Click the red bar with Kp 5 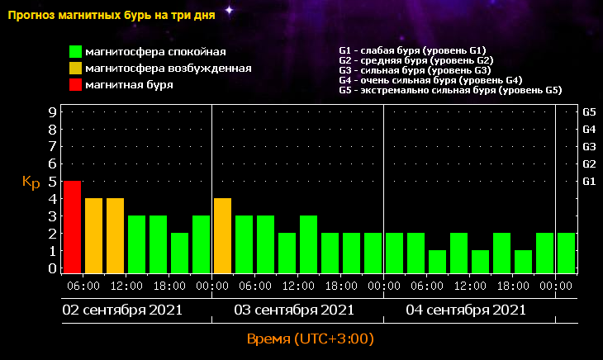[x=73, y=226]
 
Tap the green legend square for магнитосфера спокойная [x=76, y=53]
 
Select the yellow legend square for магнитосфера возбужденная [x=76, y=69]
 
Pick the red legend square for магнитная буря [x=76, y=84]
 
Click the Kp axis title [x=31, y=182]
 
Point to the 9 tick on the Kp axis [x=52, y=111]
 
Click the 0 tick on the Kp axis [x=52, y=268]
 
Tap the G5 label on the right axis [x=590, y=111]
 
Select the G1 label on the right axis [x=590, y=181]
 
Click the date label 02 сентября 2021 [x=123, y=310]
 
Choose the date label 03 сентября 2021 [x=294, y=310]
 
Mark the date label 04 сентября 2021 [x=466, y=310]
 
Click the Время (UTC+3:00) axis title [x=311, y=339]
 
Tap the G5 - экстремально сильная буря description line [x=450, y=90]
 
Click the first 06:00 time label [x=83, y=286]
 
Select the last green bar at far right [x=566, y=252]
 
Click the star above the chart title [x=229, y=10]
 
